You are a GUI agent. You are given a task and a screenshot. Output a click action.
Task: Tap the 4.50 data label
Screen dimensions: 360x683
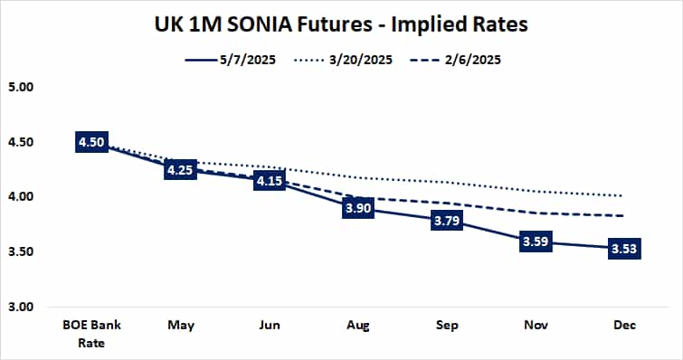point(93,144)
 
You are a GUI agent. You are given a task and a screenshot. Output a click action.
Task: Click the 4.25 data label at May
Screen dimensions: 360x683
point(181,170)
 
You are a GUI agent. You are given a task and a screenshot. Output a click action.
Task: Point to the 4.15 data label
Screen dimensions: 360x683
point(269,182)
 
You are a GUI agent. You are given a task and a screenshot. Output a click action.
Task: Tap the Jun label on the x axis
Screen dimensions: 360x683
point(269,325)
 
